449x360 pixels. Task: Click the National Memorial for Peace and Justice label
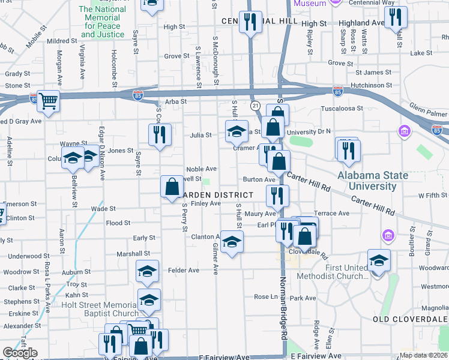(x=102, y=22)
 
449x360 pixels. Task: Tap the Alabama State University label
(x=376, y=181)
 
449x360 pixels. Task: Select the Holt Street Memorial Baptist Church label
(x=100, y=309)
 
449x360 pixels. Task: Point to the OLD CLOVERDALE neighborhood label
(x=411, y=319)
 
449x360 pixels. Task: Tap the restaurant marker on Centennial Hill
(x=249, y=23)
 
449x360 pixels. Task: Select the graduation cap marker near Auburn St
(x=147, y=272)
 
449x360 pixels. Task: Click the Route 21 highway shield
(x=256, y=106)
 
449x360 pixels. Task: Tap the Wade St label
(x=103, y=209)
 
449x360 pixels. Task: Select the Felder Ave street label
(x=184, y=271)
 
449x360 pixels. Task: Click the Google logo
(x=20, y=353)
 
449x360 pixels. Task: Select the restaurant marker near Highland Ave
(x=395, y=17)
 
